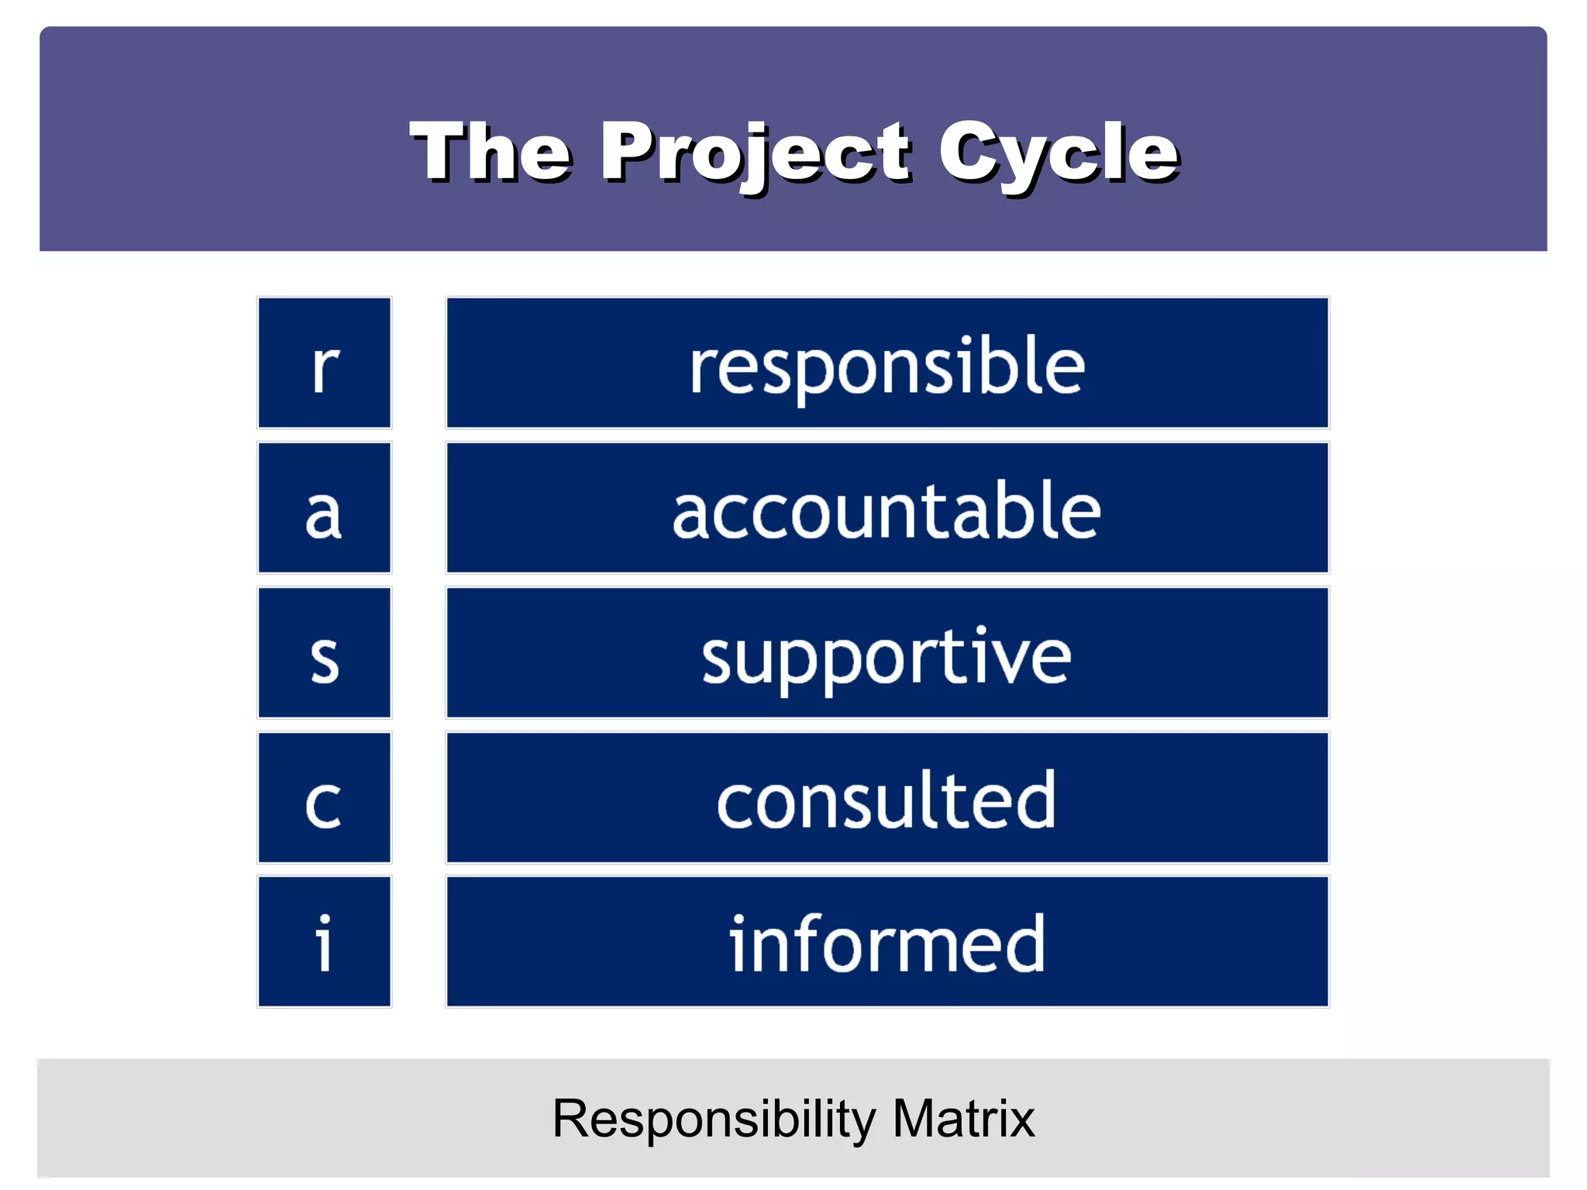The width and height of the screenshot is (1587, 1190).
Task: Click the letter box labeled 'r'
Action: pos(325,363)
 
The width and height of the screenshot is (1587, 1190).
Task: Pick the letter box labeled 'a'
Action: pos(325,507)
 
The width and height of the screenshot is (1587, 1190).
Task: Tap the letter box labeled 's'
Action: pos(325,653)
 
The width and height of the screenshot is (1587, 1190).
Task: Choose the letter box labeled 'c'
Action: pos(325,798)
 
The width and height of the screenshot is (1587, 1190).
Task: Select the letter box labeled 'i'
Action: pos(325,942)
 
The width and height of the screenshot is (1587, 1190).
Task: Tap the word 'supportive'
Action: pos(887,657)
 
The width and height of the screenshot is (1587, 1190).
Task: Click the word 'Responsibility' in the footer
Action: pos(714,1119)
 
